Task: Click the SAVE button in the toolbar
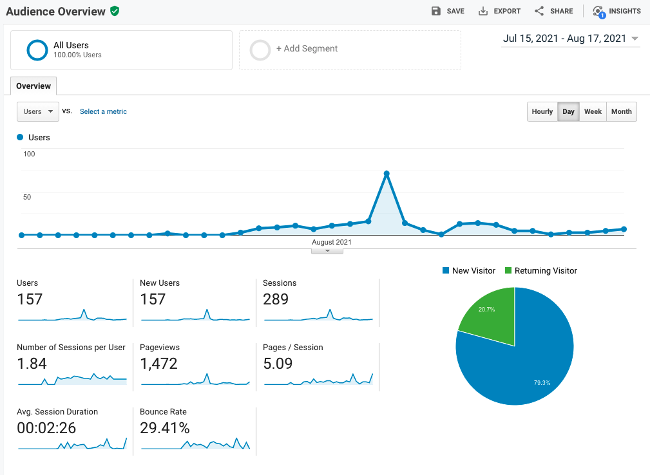[x=448, y=11]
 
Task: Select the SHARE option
[x=553, y=11]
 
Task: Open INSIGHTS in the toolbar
[x=617, y=11]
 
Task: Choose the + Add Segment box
[x=350, y=50]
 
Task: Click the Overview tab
[x=33, y=86]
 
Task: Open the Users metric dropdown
[x=38, y=111]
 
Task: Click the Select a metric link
[x=103, y=111]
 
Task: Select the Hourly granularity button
[x=542, y=111]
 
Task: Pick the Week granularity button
[x=593, y=111]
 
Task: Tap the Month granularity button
[x=621, y=111]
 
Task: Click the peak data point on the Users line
[x=387, y=174]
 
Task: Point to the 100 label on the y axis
[x=29, y=154]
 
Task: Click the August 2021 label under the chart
[x=332, y=243]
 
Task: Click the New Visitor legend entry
[x=473, y=271]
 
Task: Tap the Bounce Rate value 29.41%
[x=165, y=428]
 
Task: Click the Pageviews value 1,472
[x=158, y=364]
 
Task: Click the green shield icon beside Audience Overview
[x=115, y=11]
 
